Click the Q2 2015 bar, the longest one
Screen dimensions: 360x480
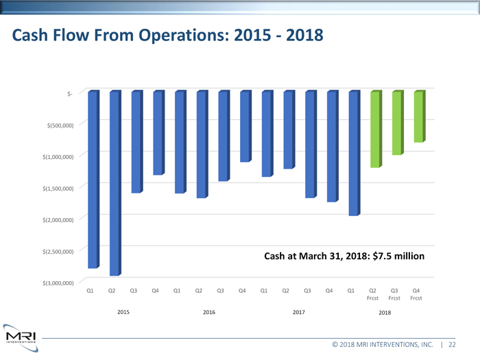coord(114,182)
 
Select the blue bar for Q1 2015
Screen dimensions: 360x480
coord(93,178)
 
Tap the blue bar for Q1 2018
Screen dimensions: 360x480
coord(353,152)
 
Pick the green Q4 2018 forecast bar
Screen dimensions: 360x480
coord(418,117)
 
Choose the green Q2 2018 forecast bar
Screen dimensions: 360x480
coord(375,129)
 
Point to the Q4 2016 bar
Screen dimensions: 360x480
coord(245,126)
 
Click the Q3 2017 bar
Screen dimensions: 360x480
coord(310,144)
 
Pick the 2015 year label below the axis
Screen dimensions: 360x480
coord(123,312)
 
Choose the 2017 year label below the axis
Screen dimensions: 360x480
coord(298,312)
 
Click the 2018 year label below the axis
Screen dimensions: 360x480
coord(385,312)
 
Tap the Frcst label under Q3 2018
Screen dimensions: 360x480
coord(394,298)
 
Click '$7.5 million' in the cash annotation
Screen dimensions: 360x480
coord(398,256)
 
